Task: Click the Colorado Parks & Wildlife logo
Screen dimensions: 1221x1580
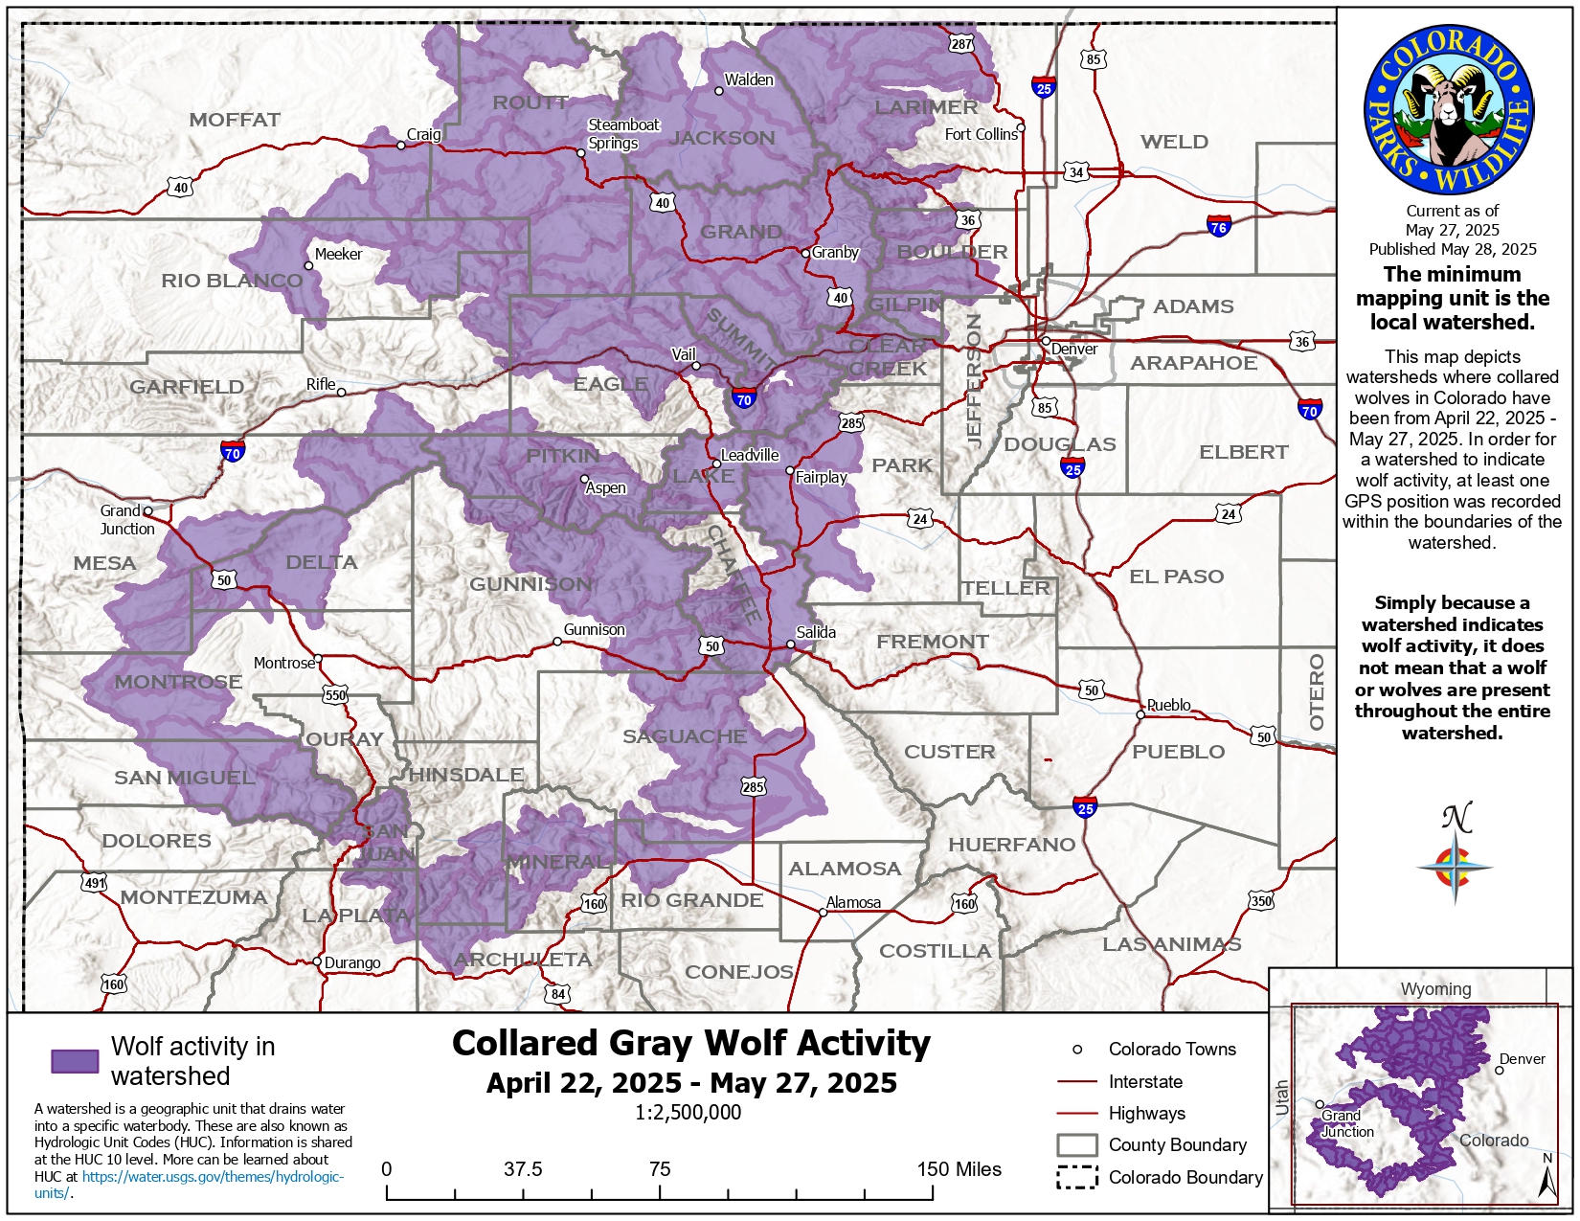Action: pos(1449,109)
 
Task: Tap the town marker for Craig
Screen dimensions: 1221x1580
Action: pos(401,146)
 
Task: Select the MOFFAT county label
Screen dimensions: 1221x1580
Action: pos(235,120)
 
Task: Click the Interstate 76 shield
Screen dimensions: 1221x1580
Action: pos(1218,226)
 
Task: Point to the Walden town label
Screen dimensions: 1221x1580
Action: pos(749,79)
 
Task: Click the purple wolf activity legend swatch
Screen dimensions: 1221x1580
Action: pos(75,1061)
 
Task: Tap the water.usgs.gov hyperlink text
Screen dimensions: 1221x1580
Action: pos(213,1177)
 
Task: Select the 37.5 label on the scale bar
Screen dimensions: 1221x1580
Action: pos(523,1169)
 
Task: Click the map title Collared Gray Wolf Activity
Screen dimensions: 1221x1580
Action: pos(690,1043)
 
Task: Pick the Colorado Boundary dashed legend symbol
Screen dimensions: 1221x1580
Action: pos(1076,1177)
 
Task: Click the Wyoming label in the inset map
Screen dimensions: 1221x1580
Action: pos(1435,988)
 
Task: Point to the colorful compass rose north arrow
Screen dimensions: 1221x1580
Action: pos(1455,867)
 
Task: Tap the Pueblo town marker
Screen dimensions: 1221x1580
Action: pos(1140,714)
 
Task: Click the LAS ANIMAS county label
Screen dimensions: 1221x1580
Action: pos(1171,944)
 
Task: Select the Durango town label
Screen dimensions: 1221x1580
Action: pos(352,962)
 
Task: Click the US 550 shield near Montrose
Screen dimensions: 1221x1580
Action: pos(335,695)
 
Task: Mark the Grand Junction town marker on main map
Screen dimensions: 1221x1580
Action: pos(147,511)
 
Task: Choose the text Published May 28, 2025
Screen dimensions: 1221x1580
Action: pos(1452,249)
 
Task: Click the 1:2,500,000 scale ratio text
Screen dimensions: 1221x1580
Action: pos(688,1112)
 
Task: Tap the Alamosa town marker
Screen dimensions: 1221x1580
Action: pos(823,913)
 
